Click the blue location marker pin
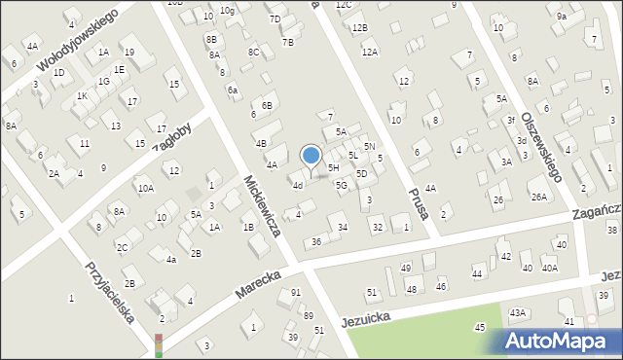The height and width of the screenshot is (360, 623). click(311, 157)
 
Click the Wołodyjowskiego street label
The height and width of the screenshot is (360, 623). click(78, 41)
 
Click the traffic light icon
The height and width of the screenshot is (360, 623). click(158, 345)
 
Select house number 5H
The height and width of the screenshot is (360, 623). click(333, 167)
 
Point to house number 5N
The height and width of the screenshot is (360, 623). click(370, 146)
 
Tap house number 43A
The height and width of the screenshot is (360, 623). click(517, 312)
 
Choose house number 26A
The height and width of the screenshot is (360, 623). click(538, 198)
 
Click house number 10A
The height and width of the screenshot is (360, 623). click(145, 188)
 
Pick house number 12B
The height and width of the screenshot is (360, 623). click(360, 27)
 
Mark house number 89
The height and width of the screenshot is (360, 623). click(308, 315)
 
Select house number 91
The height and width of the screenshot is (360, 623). click(296, 293)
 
